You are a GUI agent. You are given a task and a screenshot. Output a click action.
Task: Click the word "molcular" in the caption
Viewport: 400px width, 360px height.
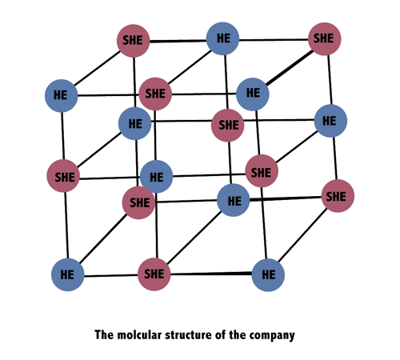[139, 335]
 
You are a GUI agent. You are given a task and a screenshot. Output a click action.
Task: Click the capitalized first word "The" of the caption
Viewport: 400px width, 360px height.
[104, 335]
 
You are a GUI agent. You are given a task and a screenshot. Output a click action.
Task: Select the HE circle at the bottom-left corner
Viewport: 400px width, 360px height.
[68, 274]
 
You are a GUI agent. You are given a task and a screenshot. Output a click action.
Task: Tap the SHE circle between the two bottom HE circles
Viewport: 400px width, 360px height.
[154, 274]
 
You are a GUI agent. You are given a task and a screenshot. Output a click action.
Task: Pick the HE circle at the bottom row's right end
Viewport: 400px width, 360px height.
[268, 274]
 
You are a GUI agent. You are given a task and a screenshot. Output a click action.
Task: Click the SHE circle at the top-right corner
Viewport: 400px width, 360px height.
[325, 39]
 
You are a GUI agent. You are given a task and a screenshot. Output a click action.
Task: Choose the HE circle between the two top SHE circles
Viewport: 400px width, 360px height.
[223, 38]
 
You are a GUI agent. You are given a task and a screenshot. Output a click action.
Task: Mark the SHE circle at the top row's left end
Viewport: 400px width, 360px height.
[134, 41]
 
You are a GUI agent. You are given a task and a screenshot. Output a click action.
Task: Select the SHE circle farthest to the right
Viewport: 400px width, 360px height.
[338, 196]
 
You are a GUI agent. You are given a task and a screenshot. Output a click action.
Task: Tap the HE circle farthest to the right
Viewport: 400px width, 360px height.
[330, 121]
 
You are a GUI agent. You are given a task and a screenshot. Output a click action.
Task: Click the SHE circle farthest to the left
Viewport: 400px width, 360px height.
[63, 176]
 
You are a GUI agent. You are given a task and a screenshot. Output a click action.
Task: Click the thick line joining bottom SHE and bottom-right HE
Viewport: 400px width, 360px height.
[211, 274]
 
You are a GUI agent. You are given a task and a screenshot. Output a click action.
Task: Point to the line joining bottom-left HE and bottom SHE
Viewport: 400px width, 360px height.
[111, 275]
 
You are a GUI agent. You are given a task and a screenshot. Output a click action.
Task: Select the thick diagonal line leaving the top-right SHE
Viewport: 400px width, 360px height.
[290, 68]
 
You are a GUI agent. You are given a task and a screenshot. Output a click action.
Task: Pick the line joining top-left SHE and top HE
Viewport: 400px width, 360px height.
[178, 41]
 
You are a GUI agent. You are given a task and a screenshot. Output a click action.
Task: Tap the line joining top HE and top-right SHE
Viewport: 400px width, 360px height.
[274, 40]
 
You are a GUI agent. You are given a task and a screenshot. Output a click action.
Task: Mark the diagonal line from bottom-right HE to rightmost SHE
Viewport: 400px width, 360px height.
[302, 235]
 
